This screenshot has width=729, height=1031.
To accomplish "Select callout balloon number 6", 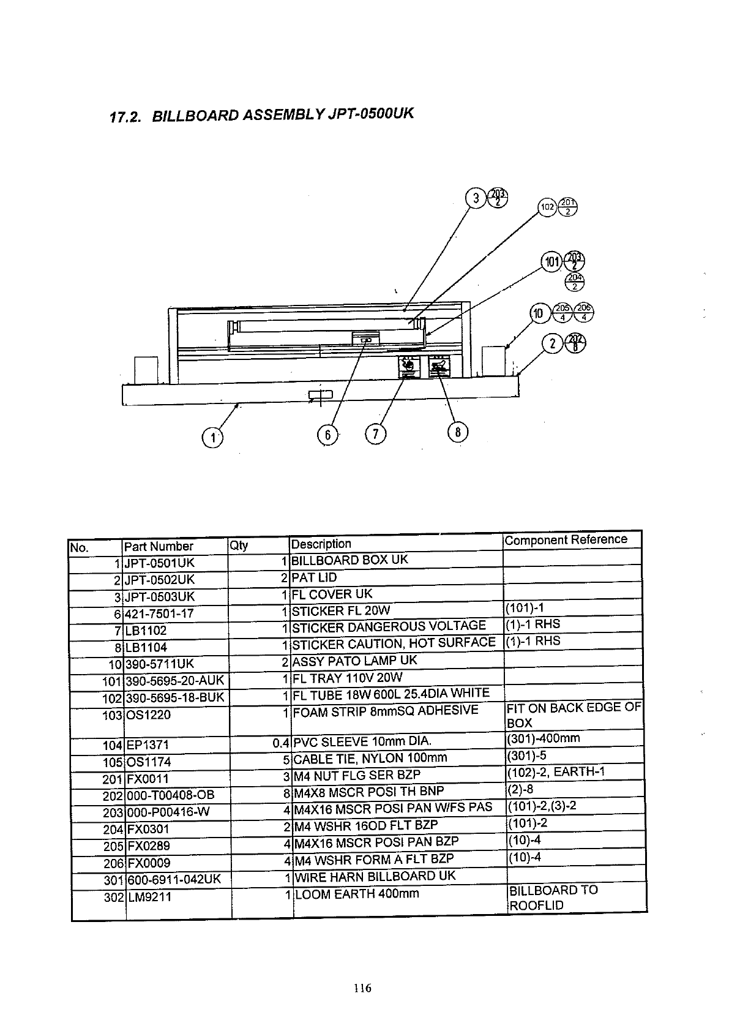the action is coord(327,435).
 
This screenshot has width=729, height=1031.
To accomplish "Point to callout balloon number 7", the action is coord(375,435).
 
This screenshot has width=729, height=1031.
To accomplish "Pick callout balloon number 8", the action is coord(458,433).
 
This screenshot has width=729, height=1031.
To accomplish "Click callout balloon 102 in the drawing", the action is coord(547,208).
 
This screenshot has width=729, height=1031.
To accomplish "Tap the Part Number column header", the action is coord(159,546).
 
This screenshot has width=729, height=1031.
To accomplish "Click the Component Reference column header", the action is coord(566,539).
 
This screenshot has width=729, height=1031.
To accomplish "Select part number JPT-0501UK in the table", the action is coord(159,563).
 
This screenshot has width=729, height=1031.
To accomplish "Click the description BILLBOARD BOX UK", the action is coord(350,560).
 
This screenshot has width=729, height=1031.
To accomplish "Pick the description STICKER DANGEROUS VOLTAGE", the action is coord(389,626).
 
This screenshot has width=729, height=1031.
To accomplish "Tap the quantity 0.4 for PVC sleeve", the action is coord(281,744).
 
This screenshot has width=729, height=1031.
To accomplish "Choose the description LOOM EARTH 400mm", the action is coord(357,894).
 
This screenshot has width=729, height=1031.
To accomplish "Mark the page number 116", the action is coord(362,988).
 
